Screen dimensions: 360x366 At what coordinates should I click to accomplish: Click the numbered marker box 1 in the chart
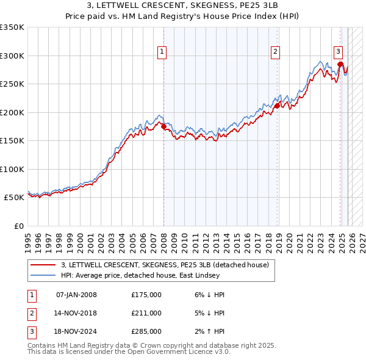click(162, 52)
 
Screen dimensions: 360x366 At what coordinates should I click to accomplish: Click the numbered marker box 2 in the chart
click(276, 52)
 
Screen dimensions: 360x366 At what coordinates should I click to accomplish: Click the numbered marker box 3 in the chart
click(338, 52)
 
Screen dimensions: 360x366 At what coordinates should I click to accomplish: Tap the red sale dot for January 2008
click(163, 126)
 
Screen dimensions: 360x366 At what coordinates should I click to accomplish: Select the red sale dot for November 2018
click(277, 106)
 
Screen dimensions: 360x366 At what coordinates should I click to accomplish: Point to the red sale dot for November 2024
click(340, 63)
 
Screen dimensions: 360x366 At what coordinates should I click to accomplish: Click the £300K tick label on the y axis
click(12, 56)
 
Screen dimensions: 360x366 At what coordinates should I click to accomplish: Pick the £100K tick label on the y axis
click(12, 169)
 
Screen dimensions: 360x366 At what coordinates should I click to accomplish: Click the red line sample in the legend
click(43, 265)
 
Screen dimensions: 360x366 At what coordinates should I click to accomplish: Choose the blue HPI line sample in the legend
click(43, 275)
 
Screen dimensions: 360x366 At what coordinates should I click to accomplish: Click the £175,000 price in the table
click(146, 295)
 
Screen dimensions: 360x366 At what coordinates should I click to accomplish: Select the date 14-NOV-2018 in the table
click(76, 313)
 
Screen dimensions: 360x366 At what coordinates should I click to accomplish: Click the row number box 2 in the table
click(30, 313)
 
